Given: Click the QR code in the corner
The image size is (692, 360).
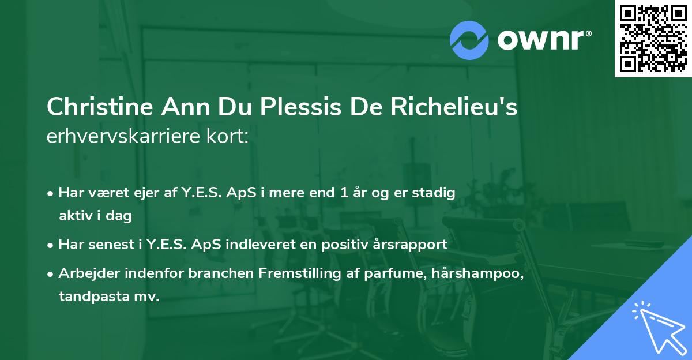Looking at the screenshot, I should pyautogui.click(x=653, y=39).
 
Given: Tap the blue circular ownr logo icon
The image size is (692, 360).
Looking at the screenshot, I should pyautogui.click(x=469, y=40).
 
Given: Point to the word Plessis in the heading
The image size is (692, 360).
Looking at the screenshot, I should pyautogui.click(x=294, y=107).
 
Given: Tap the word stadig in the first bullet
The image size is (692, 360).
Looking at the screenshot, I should pyautogui.click(x=437, y=193).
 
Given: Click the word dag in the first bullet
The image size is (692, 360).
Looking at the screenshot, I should pyautogui.click(x=120, y=216).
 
